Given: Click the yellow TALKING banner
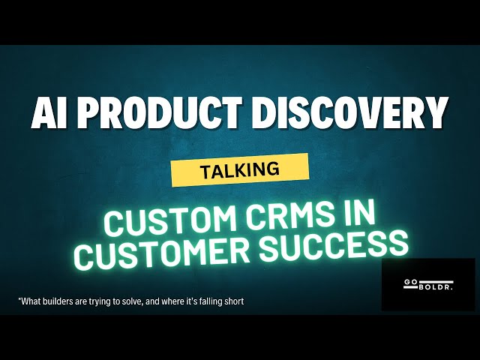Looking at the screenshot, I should tap(240, 170).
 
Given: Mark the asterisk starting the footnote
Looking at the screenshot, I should tap(19, 300).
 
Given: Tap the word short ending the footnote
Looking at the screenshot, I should tap(233, 301).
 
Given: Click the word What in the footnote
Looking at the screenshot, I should tap(31, 301).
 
